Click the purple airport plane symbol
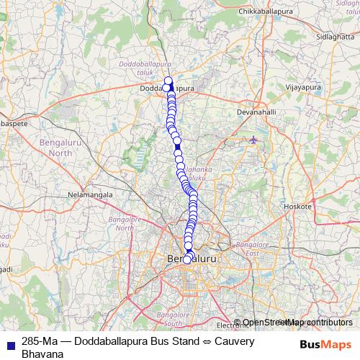click(x=253, y=139)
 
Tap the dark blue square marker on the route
click(x=177, y=147)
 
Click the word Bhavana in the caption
click(x=44, y=354)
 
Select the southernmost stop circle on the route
click(x=187, y=260)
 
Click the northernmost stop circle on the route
click(x=168, y=81)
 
